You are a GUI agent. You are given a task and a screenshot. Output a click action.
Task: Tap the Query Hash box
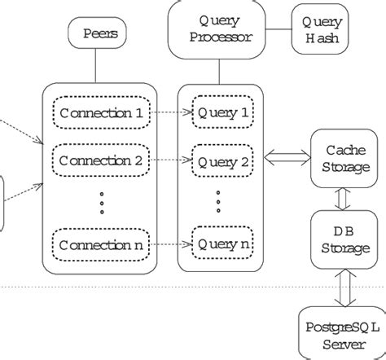pyautogui.click(x=322, y=29)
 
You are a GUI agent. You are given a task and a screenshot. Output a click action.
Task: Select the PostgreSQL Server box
pyautogui.click(x=338, y=334)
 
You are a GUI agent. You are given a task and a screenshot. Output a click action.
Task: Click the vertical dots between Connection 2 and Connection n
pyautogui.click(x=101, y=202)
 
